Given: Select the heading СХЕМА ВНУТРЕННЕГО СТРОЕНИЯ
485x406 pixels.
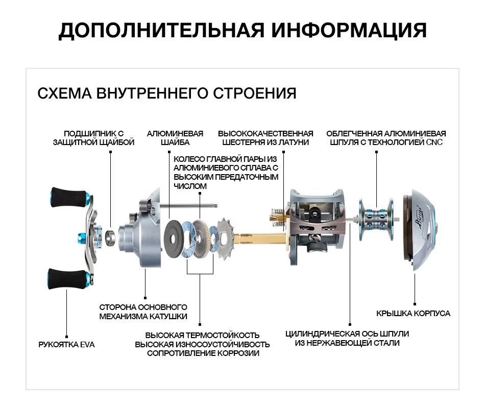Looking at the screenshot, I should (x=167, y=93).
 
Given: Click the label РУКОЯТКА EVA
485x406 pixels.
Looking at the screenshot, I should (x=66, y=345).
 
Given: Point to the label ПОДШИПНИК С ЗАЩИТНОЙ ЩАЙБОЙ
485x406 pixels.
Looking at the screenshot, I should (x=93, y=138).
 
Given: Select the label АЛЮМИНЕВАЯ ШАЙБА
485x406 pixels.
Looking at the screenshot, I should (x=175, y=138).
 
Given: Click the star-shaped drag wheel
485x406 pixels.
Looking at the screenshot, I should (x=224, y=235).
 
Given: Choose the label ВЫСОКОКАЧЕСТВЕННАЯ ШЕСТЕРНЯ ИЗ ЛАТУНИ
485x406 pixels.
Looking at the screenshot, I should (x=265, y=138).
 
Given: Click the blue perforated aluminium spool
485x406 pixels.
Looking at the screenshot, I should (x=377, y=215).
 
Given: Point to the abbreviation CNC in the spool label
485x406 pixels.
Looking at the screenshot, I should (x=434, y=142).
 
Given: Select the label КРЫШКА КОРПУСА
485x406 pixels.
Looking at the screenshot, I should (x=413, y=313).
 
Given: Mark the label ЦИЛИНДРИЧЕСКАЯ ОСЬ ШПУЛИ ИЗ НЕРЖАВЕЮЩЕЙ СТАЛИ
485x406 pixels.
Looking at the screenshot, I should (x=347, y=338).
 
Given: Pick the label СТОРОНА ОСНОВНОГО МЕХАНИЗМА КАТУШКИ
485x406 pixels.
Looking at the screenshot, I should (x=143, y=312).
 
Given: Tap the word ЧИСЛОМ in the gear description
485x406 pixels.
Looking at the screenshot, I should (x=190, y=186).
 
